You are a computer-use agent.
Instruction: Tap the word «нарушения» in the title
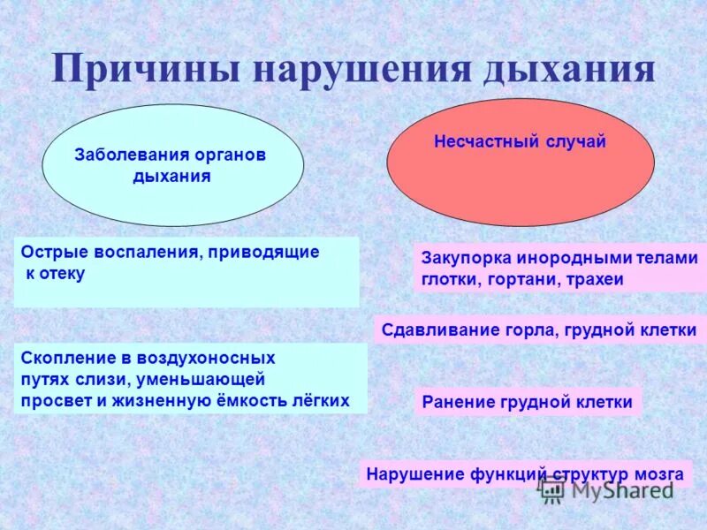click(x=362, y=70)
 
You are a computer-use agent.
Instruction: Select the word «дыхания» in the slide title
click(x=568, y=70)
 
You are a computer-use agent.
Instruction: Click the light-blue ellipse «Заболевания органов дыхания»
click(x=172, y=165)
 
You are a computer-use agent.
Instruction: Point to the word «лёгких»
click(x=321, y=400)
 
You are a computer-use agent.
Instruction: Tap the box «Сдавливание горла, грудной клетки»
click(x=539, y=330)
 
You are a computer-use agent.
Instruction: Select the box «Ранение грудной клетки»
click(x=527, y=402)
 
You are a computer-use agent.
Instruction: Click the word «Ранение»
click(x=457, y=403)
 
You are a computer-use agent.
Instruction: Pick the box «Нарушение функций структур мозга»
click(x=526, y=474)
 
